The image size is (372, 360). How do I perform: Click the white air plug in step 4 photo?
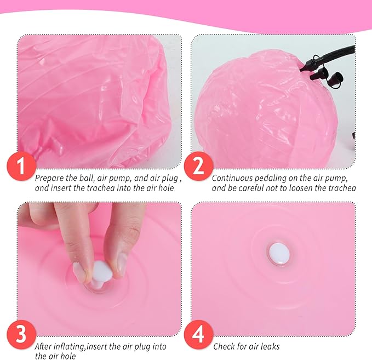tap(279, 254)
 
